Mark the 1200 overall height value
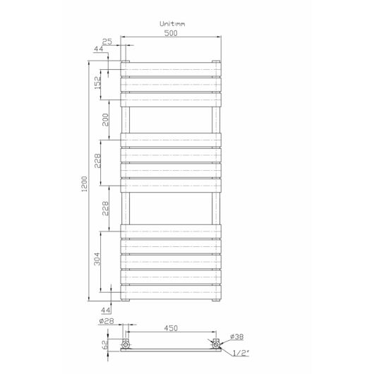(x=85, y=187)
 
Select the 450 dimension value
(x=170, y=328)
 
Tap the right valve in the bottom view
(x=215, y=344)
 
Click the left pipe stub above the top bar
(x=126, y=54)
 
